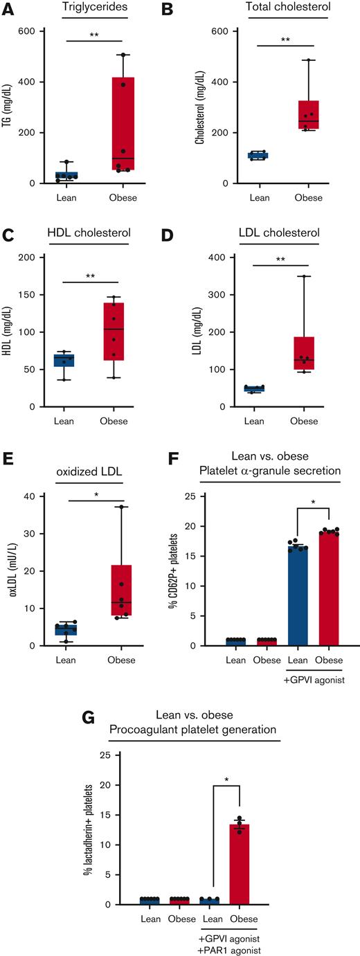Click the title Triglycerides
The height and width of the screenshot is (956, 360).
(x=92, y=9)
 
